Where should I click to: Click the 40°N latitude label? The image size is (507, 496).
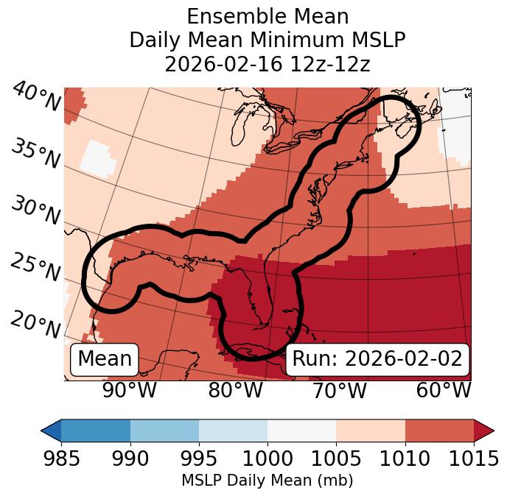click(x=35, y=97)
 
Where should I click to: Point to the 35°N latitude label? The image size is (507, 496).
click(x=35, y=154)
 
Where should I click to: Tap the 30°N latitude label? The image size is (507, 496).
click(x=35, y=211)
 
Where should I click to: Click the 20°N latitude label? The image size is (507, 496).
click(x=35, y=324)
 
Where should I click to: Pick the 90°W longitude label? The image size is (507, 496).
click(x=129, y=390)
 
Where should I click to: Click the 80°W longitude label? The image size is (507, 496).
click(x=235, y=390)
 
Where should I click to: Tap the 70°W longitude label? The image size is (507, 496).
click(x=339, y=390)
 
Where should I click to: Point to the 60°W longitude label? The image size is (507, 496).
click(x=444, y=390)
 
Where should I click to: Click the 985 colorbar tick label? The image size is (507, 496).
click(x=61, y=459)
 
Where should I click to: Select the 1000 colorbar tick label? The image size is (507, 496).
click(x=268, y=459)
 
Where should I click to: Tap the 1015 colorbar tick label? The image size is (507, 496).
click(x=474, y=459)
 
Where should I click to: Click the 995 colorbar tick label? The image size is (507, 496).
click(x=199, y=459)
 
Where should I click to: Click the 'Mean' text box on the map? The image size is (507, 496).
click(x=105, y=359)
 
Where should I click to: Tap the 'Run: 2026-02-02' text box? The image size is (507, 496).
click(x=377, y=359)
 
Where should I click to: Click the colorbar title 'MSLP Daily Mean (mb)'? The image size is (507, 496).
click(x=267, y=481)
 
